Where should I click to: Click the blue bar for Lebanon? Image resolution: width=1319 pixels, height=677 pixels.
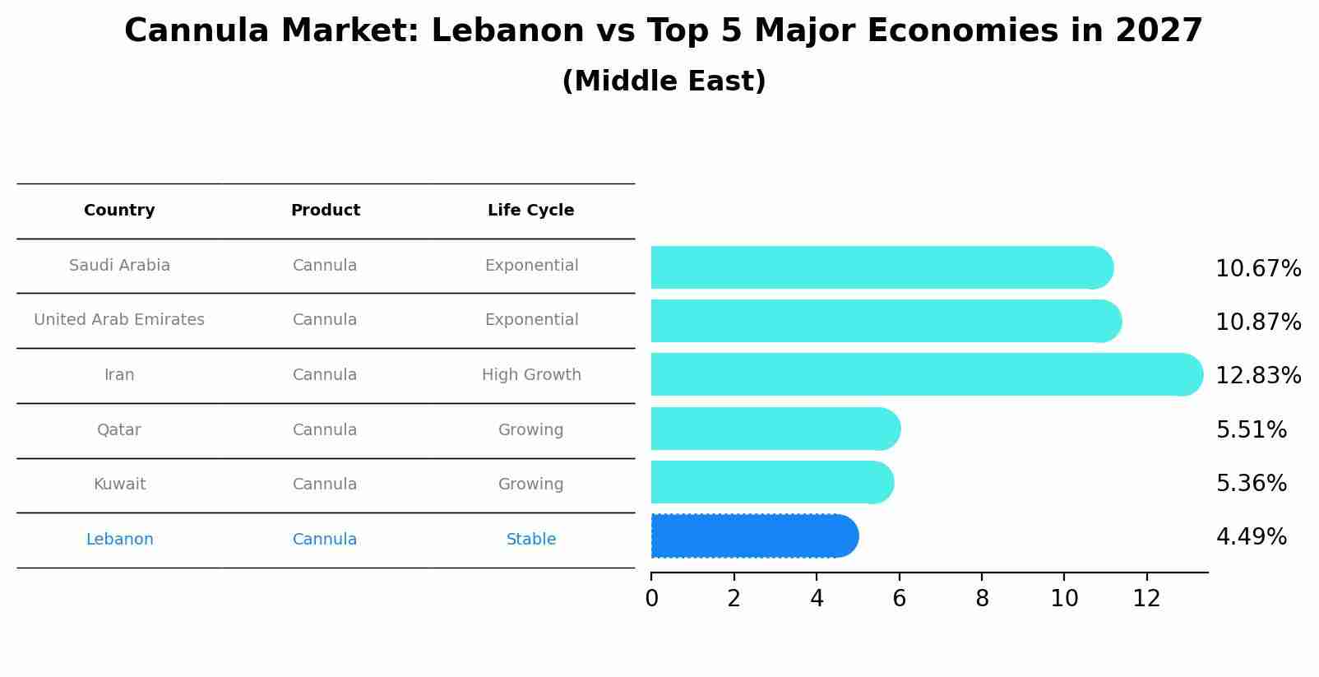[x=752, y=536]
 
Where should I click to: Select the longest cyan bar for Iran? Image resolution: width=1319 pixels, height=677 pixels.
[x=925, y=375]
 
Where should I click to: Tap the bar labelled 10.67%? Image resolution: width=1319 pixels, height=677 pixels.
[x=880, y=268]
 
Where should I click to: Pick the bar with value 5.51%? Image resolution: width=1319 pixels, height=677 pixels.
[x=773, y=429]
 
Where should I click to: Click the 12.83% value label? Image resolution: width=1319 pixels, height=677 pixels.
[x=1257, y=376]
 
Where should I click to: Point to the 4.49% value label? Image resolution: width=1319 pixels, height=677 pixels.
[x=1251, y=537]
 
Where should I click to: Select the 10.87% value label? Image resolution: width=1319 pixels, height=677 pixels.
[x=1257, y=322]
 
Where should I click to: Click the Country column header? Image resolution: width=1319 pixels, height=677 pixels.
[x=119, y=211]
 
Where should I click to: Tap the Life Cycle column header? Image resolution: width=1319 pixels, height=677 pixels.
[x=530, y=211]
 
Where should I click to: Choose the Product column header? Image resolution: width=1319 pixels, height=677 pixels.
[x=325, y=211]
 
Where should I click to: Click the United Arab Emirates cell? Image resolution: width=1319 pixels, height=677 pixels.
[x=119, y=320]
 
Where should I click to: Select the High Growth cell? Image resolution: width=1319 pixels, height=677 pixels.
[x=531, y=375]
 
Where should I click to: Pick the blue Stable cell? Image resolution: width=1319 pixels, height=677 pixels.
[x=531, y=540]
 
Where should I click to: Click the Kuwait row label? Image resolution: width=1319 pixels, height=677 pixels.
[x=119, y=485]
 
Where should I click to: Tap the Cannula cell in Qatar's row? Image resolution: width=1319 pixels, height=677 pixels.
[x=325, y=430]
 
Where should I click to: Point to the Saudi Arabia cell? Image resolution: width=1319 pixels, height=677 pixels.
[x=119, y=266]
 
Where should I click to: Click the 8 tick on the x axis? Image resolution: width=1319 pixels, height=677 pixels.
[x=982, y=599]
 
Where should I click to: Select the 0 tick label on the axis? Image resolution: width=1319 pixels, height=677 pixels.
[x=651, y=599]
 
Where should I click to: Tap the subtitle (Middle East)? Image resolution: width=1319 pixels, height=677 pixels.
[x=664, y=81]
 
